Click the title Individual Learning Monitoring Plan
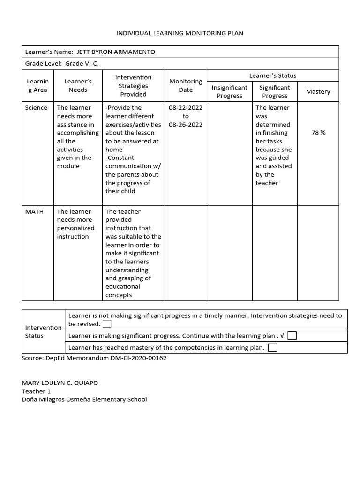(x=180, y=33)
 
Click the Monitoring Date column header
(x=186, y=85)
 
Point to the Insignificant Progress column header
(x=230, y=91)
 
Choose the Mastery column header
(x=318, y=92)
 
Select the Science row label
(x=36, y=108)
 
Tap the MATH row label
(x=35, y=212)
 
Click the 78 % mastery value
(x=318, y=133)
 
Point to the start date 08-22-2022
(x=186, y=108)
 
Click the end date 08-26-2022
(x=186, y=125)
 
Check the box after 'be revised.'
(x=107, y=324)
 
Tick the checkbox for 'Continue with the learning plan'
(x=292, y=336)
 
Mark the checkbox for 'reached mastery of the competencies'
(x=272, y=347)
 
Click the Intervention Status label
(x=43, y=331)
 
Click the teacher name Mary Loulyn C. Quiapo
(x=60, y=382)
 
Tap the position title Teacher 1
(x=36, y=391)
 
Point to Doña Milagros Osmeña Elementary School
(x=84, y=399)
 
